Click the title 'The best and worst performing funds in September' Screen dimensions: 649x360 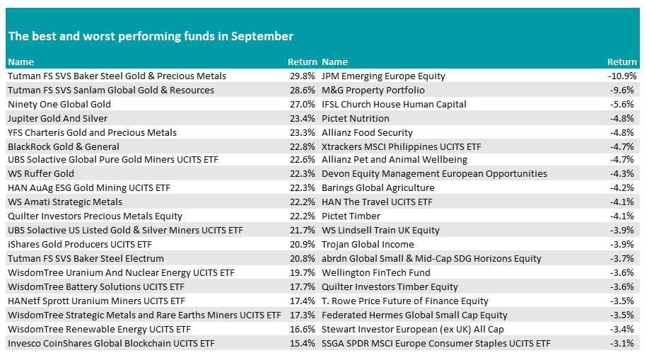[x=151, y=37]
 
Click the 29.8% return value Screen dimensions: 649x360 [x=302, y=76]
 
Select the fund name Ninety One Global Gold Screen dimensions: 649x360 [x=59, y=105]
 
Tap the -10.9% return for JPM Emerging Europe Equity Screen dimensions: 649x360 [x=622, y=76]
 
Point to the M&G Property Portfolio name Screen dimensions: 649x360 [x=373, y=91]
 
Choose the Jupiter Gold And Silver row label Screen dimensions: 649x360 [x=57, y=119]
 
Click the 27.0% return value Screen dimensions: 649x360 [x=302, y=105]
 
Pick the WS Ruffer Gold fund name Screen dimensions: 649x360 [x=41, y=173]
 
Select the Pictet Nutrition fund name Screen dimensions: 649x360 [x=356, y=119]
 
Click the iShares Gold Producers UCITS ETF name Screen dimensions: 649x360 [x=80, y=245]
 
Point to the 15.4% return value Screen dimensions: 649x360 [x=302, y=344]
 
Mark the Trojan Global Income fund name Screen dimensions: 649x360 [x=368, y=245]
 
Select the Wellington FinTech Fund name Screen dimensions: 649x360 [x=376, y=272]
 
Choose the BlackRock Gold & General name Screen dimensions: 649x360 [x=64, y=146]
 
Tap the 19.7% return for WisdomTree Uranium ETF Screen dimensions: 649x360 [x=302, y=272]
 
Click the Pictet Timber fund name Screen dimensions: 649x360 [x=351, y=216]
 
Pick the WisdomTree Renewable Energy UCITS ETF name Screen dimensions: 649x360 [x=100, y=330]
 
